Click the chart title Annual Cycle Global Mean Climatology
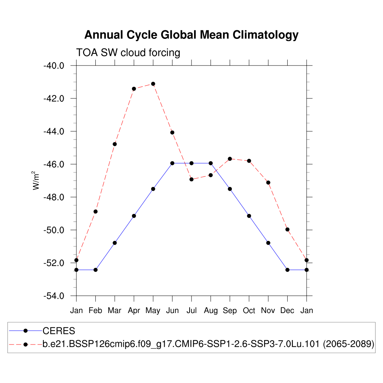[x=191, y=35]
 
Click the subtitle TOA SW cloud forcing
[x=128, y=53]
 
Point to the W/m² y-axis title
[x=36, y=180]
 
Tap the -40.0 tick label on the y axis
[x=54, y=66]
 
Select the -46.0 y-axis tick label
[x=54, y=165]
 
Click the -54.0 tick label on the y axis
[x=54, y=296]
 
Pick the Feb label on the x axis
[x=95, y=310]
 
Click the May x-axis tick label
[x=153, y=310]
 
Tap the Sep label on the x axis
[x=230, y=310]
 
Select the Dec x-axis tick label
[x=287, y=310]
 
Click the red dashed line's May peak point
[x=153, y=84]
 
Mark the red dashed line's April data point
[x=134, y=89]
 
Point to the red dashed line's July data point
[x=191, y=179]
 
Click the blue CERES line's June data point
[x=172, y=163]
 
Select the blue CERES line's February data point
[x=95, y=270]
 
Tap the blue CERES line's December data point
[x=287, y=270]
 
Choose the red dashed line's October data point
[x=249, y=161]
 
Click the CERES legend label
[x=59, y=331]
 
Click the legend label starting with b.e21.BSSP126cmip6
[x=208, y=344]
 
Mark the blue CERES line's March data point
[x=115, y=243]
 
